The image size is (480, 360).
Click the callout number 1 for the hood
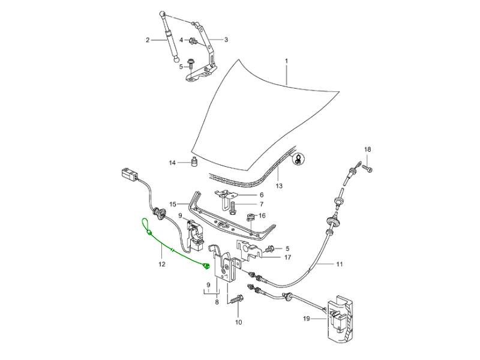pyautogui.click(x=287, y=62)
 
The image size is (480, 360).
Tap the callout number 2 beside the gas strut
pyautogui.click(x=147, y=40)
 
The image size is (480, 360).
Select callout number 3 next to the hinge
pyautogui.click(x=226, y=40)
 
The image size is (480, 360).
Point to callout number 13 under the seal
pyautogui.click(x=278, y=186)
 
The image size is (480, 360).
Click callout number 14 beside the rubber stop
pyautogui.click(x=172, y=163)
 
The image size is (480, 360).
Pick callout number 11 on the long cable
pyautogui.click(x=339, y=263)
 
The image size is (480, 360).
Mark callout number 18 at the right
pyautogui.click(x=368, y=149)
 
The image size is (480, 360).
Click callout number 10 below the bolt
pyautogui.click(x=238, y=323)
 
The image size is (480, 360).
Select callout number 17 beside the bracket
pyautogui.click(x=287, y=257)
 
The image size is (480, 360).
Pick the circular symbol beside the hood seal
pyautogui.click(x=298, y=159)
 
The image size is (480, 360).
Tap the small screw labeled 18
pyautogui.click(x=368, y=170)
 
